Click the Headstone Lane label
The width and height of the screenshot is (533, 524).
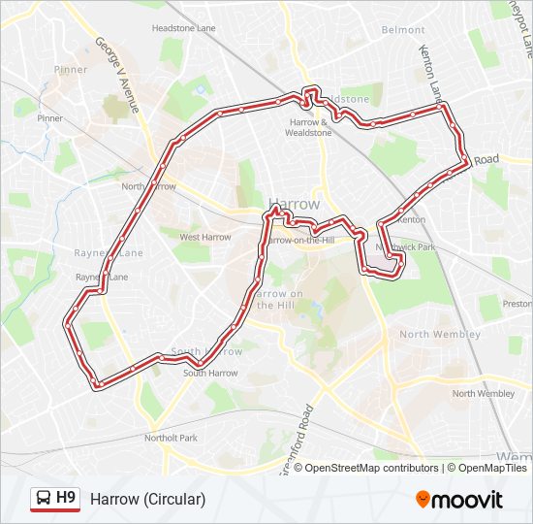point(184,29)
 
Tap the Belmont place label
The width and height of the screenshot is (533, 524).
point(403,30)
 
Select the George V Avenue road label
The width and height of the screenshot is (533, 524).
point(117,75)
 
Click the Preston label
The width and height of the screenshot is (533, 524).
point(517,304)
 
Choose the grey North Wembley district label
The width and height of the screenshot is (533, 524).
point(440,334)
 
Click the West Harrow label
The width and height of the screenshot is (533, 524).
point(204,237)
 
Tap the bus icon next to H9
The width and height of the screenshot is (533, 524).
point(43,499)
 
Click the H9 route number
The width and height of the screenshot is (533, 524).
point(66,499)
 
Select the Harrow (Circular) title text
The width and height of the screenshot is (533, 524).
point(147,499)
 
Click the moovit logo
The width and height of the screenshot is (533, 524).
point(459,499)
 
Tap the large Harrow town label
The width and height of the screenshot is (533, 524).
point(293,204)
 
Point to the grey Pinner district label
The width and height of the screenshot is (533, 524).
point(71,70)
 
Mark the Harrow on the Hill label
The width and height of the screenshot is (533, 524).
point(281,299)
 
